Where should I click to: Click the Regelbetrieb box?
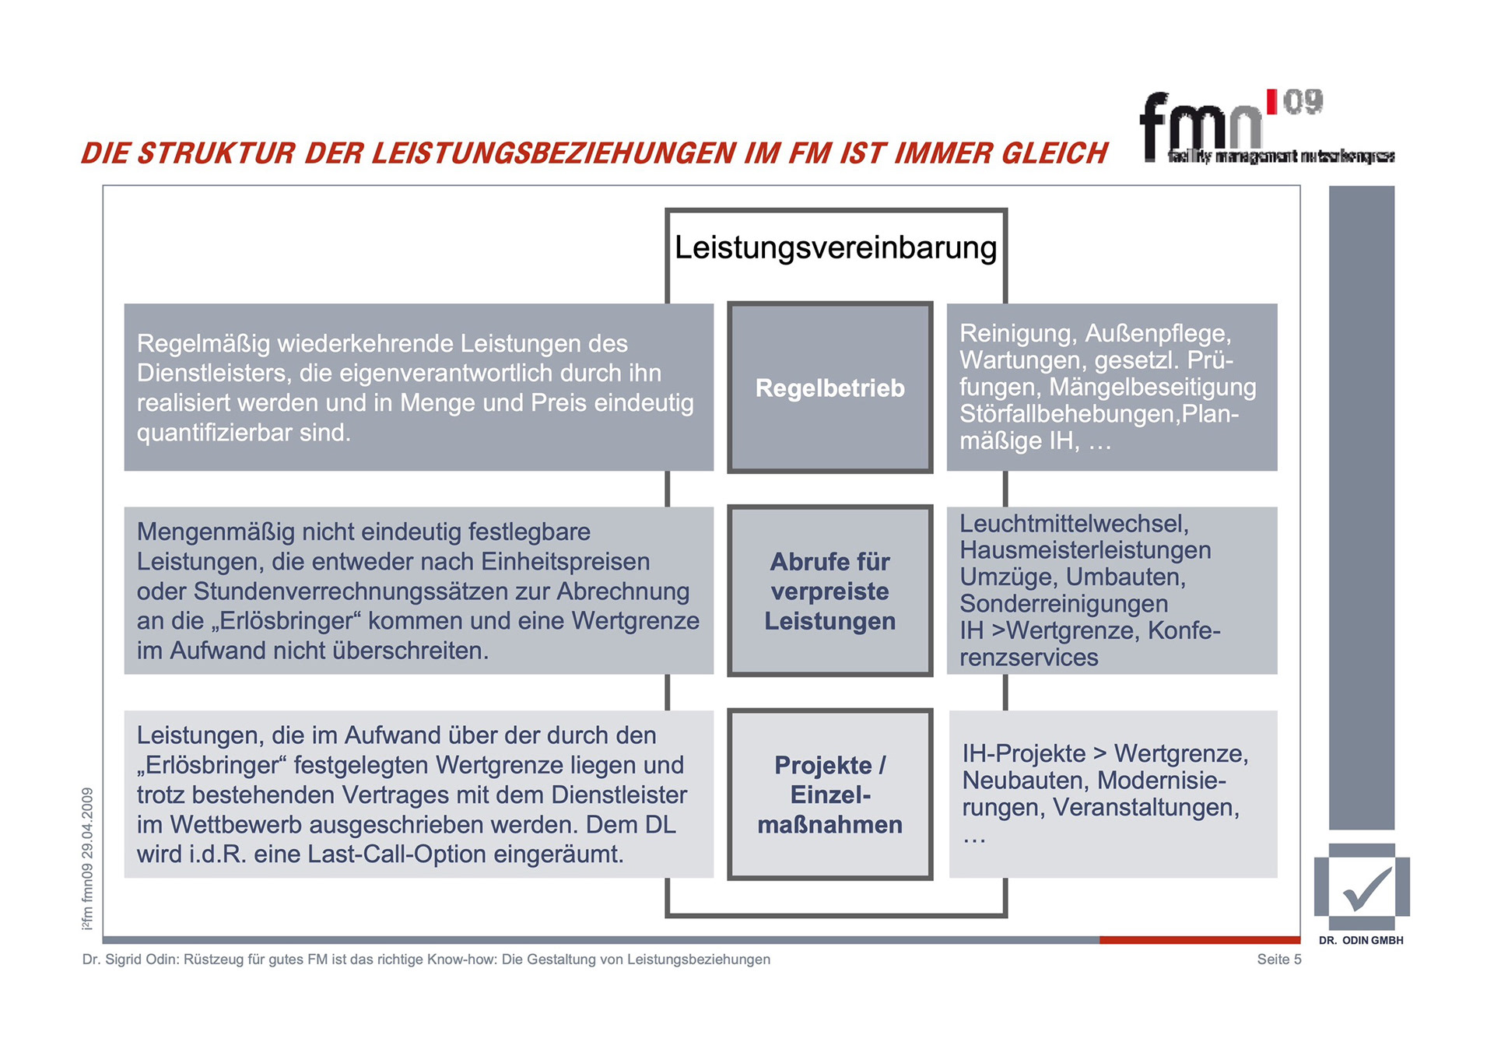(829, 388)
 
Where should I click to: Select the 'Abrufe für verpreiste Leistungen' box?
(829, 591)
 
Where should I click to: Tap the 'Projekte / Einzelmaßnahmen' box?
(829, 794)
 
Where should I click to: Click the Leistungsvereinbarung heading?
(835, 247)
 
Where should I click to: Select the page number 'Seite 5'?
(1278, 960)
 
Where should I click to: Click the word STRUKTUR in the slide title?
(216, 153)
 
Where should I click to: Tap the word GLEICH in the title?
(1054, 153)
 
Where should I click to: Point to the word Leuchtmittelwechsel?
(1074, 524)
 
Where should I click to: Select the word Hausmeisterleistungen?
(1085, 550)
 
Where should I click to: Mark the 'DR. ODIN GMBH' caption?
(1361, 941)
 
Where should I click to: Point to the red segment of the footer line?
(1199, 940)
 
